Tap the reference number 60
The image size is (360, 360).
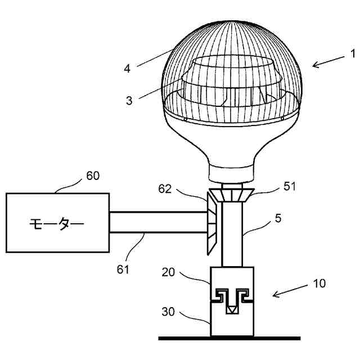point(93,176)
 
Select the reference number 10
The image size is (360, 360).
point(319,283)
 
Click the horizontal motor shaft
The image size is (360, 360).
point(157,222)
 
